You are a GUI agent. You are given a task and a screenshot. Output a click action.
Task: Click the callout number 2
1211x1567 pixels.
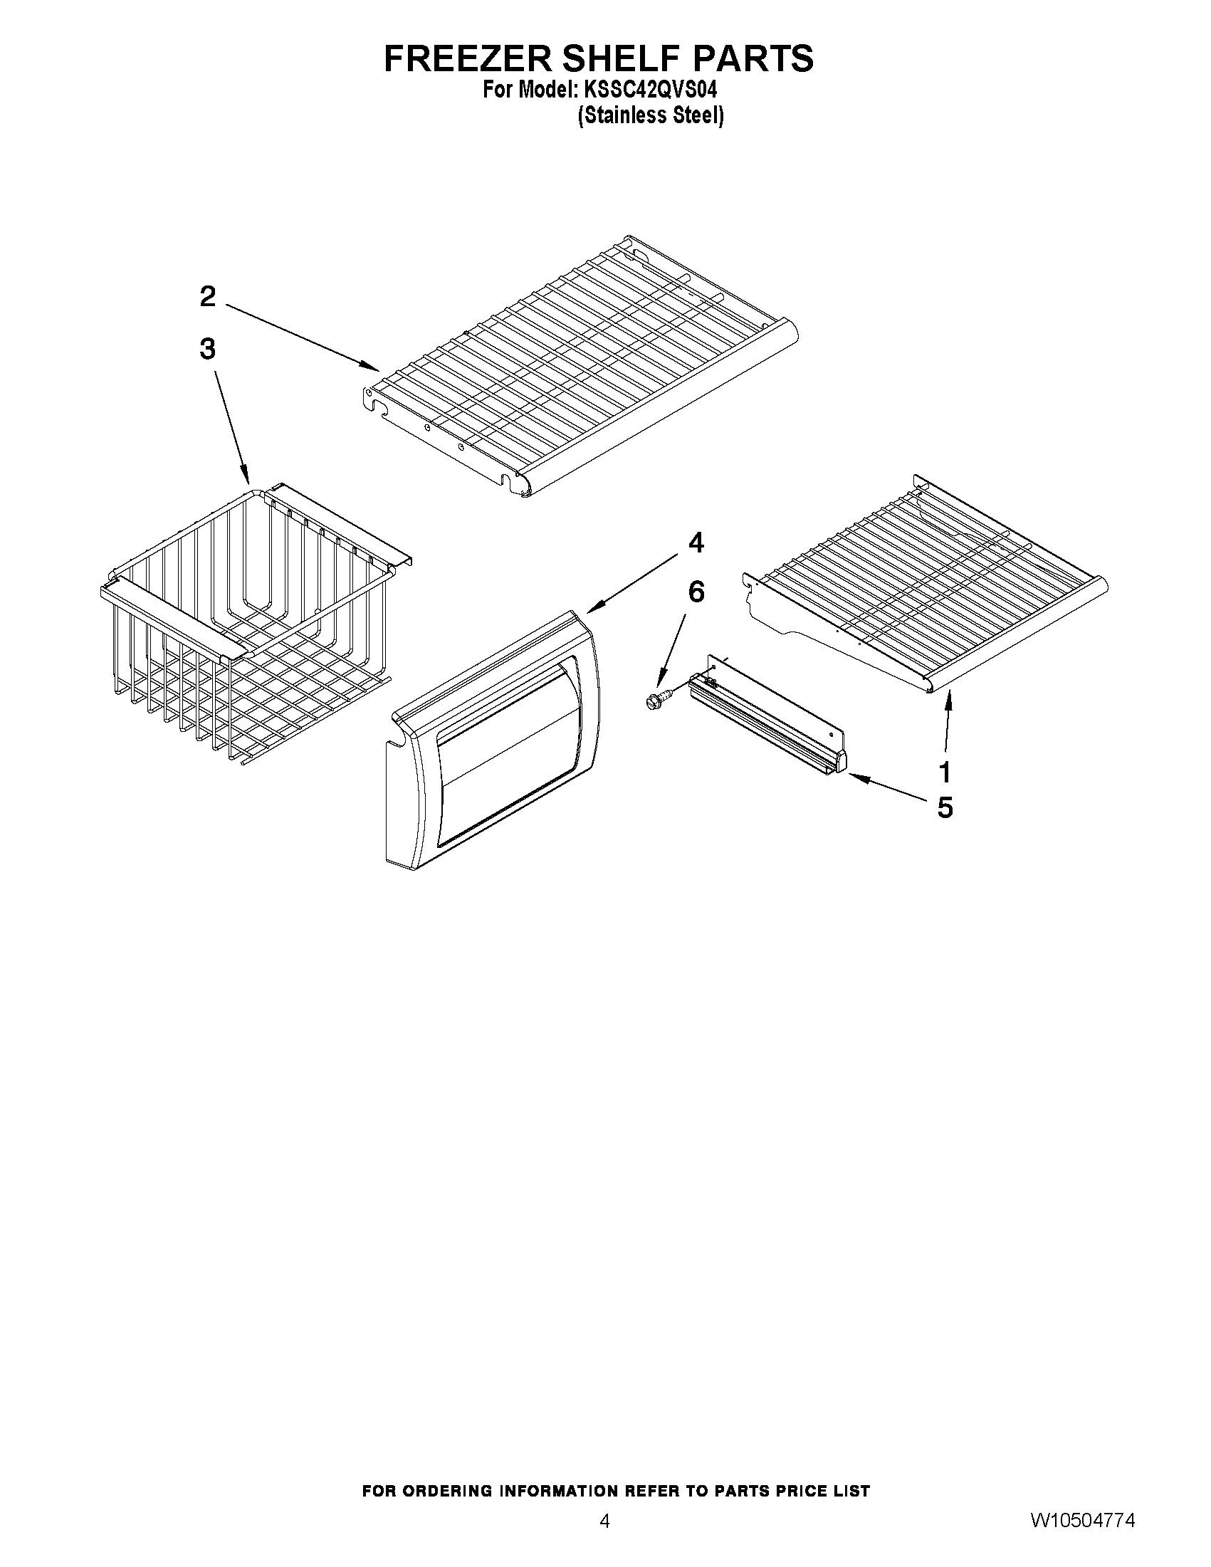pyautogui.click(x=207, y=297)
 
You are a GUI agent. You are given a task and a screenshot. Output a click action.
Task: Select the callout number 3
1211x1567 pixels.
pyautogui.click(x=207, y=350)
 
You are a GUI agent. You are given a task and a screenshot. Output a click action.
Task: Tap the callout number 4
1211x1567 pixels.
pyautogui.click(x=695, y=543)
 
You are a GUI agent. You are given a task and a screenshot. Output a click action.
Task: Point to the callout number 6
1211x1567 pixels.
pyautogui.click(x=696, y=592)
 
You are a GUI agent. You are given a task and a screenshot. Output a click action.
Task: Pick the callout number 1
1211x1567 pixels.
pyautogui.click(x=945, y=772)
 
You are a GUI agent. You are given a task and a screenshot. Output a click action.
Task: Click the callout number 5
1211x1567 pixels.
pyautogui.click(x=945, y=808)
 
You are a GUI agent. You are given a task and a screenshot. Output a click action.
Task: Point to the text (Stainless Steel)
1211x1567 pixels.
pyautogui.click(x=651, y=115)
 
